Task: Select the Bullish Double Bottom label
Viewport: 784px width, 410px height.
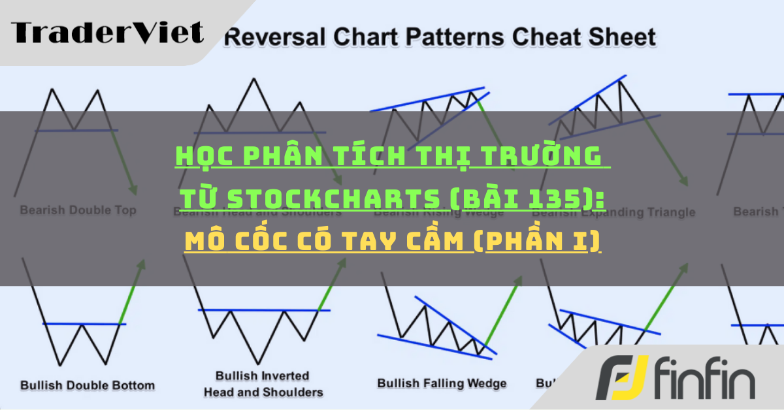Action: coord(88,385)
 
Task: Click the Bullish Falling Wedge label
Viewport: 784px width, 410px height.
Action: coord(442,383)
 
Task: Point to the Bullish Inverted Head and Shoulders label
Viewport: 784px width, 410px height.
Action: coord(263,384)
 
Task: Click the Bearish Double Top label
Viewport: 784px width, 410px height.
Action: coord(78,210)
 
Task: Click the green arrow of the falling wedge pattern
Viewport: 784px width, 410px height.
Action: coord(504,310)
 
